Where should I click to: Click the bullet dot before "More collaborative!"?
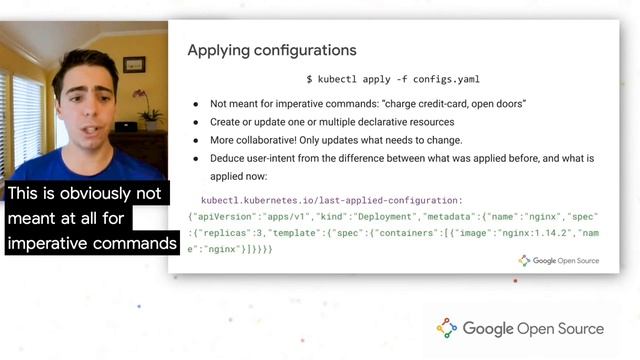click(x=196, y=140)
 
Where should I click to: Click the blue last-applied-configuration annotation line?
click(x=331, y=199)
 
